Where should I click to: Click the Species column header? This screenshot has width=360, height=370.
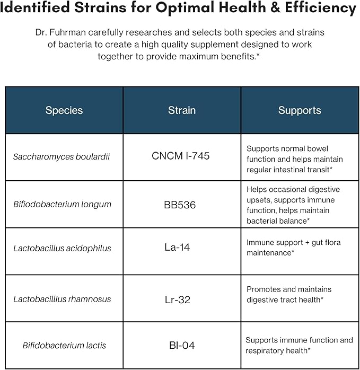[x=64, y=111]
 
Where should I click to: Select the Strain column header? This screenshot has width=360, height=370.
[x=182, y=111]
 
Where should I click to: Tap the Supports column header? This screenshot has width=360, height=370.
[x=300, y=111]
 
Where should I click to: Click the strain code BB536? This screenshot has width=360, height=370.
[x=180, y=205]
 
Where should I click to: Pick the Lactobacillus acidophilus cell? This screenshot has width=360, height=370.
[x=63, y=248]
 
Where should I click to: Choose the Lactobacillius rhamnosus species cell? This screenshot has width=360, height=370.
[x=62, y=299]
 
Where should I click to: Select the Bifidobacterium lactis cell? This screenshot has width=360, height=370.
[x=64, y=346]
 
